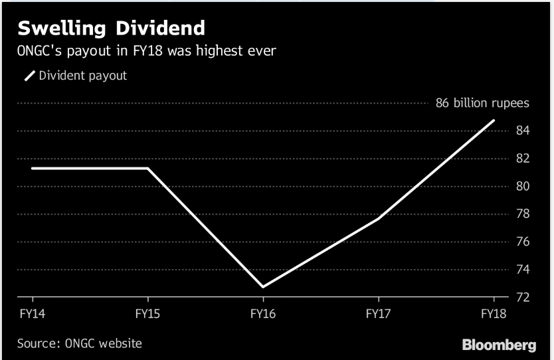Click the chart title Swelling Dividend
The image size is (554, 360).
(x=111, y=28)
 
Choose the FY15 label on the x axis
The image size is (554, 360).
(x=147, y=312)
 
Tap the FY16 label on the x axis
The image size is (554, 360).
(x=262, y=312)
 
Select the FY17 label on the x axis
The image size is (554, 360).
(x=379, y=312)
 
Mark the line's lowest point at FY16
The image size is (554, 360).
(x=263, y=287)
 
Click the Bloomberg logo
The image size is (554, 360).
(x=499, y=345)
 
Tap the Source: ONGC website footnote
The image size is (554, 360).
(x=80, y=343)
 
